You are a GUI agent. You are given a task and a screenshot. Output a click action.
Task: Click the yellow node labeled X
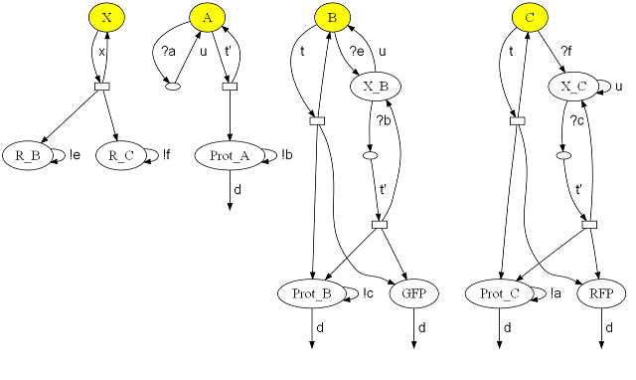[106, 18]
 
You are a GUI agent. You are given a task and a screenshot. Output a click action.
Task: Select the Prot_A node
[230, 155]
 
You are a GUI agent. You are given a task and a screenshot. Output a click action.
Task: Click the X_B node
[377, 87]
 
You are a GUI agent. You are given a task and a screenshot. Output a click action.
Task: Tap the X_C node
[575, 87]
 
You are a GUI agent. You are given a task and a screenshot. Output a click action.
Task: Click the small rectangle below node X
[101, 88]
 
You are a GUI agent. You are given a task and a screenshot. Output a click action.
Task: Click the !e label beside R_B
[76, 155]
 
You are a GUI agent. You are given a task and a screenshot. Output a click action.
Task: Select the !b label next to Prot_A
[287, 155]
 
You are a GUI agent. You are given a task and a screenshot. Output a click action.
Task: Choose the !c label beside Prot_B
[368, 292]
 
